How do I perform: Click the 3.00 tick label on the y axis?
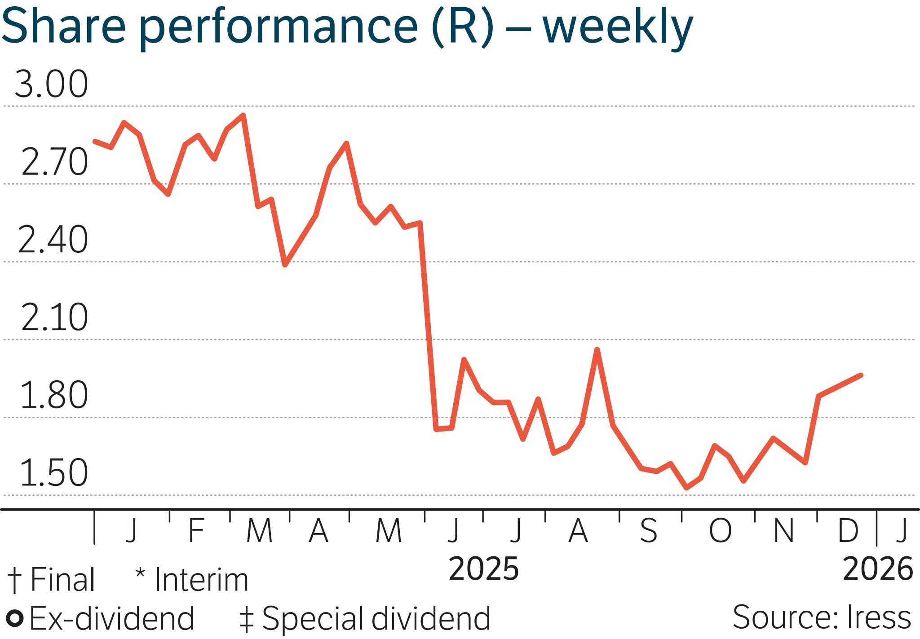point(51,84)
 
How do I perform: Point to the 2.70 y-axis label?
point(54,162)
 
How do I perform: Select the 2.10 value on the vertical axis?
point(54,317)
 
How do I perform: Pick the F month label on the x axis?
point(197,530)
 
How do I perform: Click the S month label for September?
point(648,530)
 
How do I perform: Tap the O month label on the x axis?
point(720,530)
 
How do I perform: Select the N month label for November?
point(783,530)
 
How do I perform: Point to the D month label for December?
point(848,530)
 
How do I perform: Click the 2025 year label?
point(484,569)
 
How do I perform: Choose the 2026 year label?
point(878,569)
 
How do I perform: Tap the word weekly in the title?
point(618,27)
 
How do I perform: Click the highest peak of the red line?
point(243,115)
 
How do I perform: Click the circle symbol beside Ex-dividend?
point(16,618)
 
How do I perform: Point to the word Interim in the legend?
point(201,580)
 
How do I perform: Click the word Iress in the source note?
point(879,617)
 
